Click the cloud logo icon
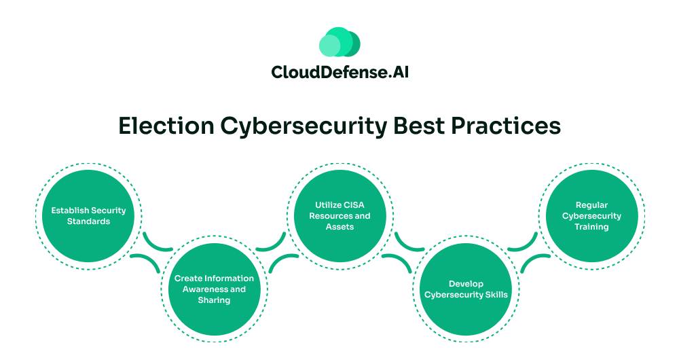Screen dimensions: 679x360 coord(339,41)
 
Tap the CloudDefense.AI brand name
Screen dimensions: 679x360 coord(340,72)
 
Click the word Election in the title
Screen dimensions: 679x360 coord(166,126)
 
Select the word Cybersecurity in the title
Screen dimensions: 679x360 coord(304,127)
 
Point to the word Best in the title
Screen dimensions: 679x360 coord(419,126)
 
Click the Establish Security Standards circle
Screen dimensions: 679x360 coord(88,216)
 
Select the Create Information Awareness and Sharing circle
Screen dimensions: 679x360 coord(214,289)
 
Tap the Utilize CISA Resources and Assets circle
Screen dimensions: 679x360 coord(339,216)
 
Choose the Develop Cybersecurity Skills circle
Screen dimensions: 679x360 coord(466,289)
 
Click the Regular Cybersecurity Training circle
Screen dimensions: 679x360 coord(591,216)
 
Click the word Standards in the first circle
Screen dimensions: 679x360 coord(88,221)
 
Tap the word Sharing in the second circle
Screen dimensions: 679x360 coord(214,300)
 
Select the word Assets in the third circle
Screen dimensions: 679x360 coord(339,227)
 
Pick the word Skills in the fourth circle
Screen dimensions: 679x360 coord(497,295)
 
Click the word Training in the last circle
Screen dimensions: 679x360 coord(591,227)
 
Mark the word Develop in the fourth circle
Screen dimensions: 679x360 coord(466,284)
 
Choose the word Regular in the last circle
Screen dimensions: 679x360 coord(591,205)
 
